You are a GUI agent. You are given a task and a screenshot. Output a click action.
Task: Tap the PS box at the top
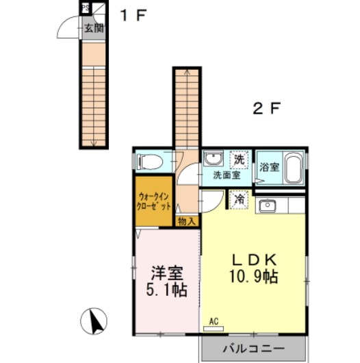86,9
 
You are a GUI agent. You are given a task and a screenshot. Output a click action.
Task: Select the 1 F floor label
133,15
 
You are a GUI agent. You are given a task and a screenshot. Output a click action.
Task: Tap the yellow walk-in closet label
153,200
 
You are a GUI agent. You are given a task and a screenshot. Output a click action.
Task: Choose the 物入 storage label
186,221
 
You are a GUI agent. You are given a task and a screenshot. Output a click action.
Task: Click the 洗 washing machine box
239,159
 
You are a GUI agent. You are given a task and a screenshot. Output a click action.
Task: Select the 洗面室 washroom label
226,175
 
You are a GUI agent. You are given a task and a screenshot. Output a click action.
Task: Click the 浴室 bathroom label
268,166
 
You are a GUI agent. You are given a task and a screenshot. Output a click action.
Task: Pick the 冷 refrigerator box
239,199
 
